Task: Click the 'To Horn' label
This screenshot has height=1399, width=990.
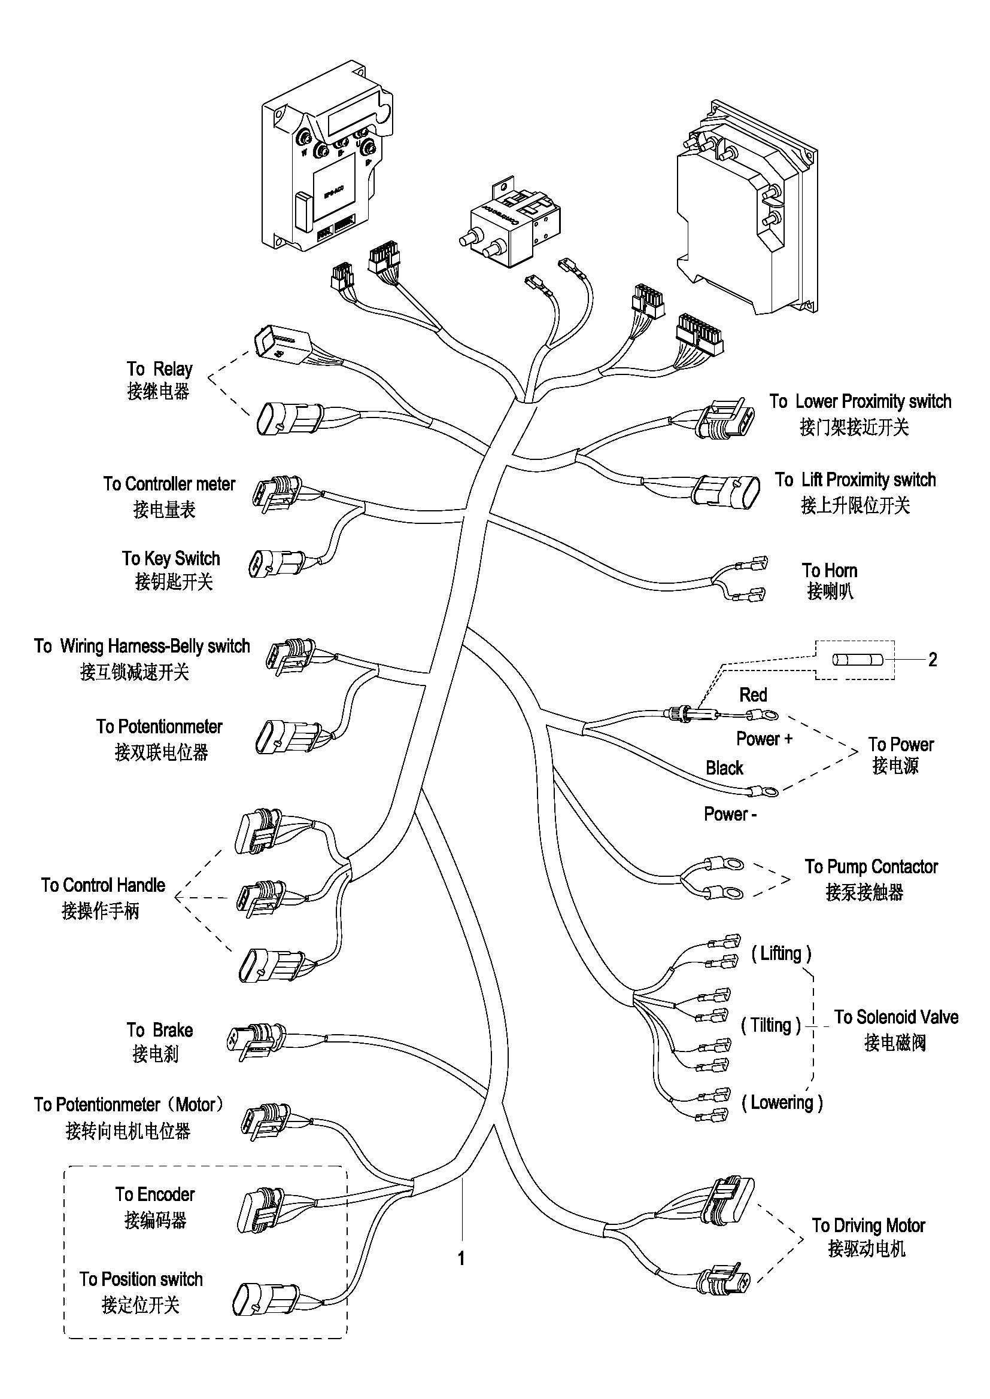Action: point(829,571)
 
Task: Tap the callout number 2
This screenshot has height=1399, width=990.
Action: point(932,659)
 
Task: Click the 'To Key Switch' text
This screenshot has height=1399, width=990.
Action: point(171,559)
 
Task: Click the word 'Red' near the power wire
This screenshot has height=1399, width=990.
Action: point(753,694)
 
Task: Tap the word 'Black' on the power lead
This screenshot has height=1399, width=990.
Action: point(724,768)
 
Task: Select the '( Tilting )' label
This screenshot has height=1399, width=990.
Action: point(770,1026)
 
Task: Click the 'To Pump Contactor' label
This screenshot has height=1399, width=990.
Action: point(871,867)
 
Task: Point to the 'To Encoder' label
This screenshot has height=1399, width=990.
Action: point(155,1194)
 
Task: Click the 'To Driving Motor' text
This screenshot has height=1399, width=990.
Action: point(868,1226)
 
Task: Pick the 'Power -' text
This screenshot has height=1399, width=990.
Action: point(730,814)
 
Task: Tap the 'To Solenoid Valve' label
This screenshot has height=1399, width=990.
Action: point(896,1017)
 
